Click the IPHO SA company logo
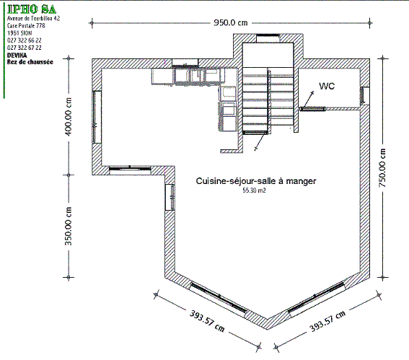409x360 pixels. coord(32,9)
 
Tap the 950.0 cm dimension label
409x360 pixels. coord(231,22)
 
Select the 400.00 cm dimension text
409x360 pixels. coord(68,117)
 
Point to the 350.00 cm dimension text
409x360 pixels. coord(68,227)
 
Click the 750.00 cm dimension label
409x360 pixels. coord(382,168)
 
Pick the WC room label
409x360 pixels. coord(327,86)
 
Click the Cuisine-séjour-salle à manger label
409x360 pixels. coord(256,181)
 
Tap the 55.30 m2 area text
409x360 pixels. coord(255,190)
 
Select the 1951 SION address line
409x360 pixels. coord(19,33)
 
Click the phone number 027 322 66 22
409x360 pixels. coord(25,40)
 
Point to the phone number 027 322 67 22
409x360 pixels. coord(25,48)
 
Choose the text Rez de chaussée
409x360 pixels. coord(30,62)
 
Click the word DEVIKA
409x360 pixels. coord(17,56)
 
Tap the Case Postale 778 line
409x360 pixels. coord(26,25)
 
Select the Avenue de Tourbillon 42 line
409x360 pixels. coord(34,18)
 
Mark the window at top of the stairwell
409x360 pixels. coord(268,35)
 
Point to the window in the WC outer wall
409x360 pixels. coord(362,95)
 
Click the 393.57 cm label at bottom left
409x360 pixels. coord(207,321)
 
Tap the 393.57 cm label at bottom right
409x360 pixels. coord(327,321)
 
